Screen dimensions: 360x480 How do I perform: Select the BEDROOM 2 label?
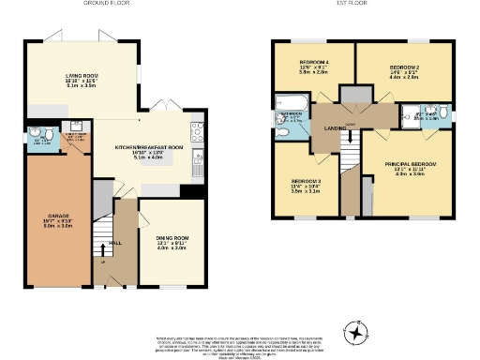403,67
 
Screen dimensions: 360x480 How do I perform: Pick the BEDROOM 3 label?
306,180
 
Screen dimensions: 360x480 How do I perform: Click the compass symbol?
355,331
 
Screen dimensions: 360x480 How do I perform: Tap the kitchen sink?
198,156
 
